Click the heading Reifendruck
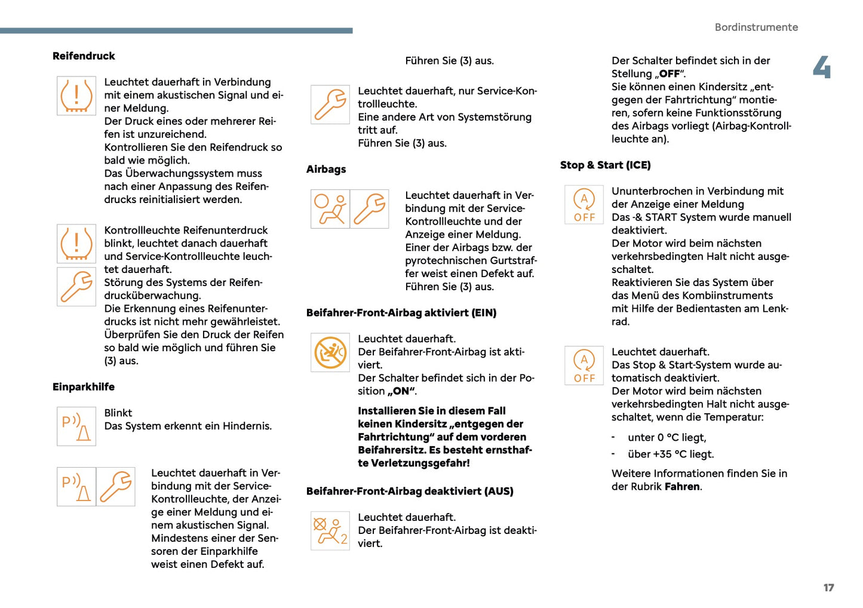84,56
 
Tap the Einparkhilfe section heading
84,387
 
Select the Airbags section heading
326,170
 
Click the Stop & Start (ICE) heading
605,165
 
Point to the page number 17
828,588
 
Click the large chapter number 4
822,67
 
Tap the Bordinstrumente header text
756,27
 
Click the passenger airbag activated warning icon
330,353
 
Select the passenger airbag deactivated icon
330,530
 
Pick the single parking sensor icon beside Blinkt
76,426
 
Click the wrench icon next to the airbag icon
370,209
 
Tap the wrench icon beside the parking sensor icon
116,487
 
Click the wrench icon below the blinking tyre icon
76,287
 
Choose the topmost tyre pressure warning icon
76,96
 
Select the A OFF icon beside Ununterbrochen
584,205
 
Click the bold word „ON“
401,392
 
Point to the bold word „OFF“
669,74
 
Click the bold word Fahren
682,487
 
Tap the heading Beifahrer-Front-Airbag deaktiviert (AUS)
410,492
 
